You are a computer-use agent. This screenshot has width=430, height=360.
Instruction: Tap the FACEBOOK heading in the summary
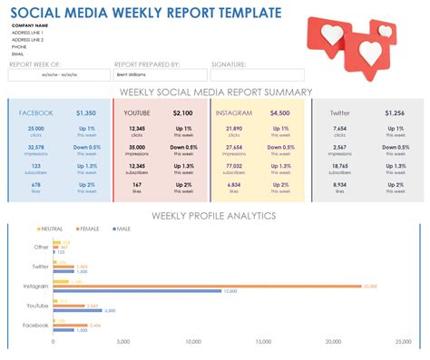[x=36, y=113]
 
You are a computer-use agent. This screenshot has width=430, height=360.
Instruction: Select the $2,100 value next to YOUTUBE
[x=183, y=113]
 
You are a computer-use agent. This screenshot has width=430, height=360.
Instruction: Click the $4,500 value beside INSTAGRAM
[x=280, y=113]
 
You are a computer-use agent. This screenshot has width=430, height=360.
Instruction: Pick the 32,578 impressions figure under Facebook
[x=36, y=147]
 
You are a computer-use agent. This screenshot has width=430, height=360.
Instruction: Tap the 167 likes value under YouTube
[x=136, y=184]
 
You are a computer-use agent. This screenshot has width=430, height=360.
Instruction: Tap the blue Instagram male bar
[x=137, y=290]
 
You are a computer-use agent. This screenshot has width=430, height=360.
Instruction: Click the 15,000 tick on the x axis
[x=262, y=342]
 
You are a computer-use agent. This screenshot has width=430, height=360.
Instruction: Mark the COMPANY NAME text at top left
[x=31, y=26]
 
